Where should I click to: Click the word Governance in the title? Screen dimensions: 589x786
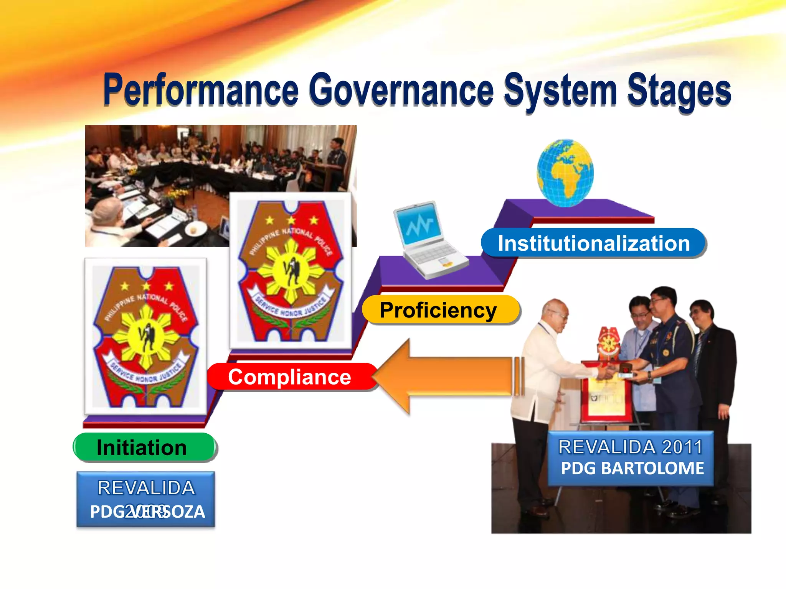(401, 90)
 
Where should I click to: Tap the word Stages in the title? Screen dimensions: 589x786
(679, 90)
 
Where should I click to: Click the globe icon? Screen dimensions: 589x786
(565, 173)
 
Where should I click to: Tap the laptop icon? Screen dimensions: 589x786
(428, 240)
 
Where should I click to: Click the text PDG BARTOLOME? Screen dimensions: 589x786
(632, 469)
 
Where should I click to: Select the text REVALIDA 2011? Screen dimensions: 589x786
(630, 447)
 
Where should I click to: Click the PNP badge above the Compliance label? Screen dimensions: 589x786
(291, 270)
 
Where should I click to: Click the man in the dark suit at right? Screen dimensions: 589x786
(714, 364)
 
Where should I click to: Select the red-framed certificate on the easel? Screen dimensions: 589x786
(606, 395)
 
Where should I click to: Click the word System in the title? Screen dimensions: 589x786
(560, 90)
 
